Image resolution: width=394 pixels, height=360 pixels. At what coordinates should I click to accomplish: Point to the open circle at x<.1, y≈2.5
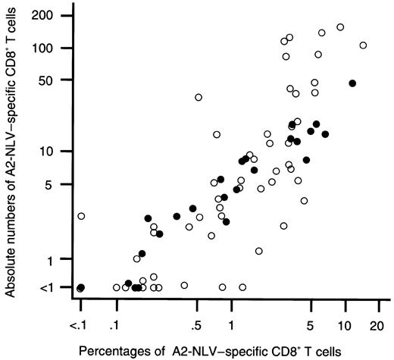81,216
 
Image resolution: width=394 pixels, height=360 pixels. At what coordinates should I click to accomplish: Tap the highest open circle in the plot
340,27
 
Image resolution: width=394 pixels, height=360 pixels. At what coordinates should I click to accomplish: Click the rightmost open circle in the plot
363,45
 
